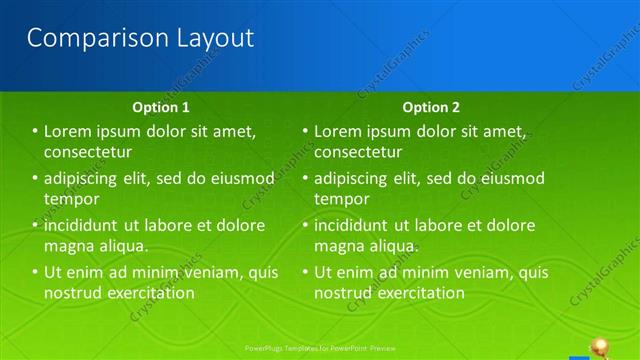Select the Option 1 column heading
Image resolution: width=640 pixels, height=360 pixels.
161,107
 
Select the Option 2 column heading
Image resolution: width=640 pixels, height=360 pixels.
431,107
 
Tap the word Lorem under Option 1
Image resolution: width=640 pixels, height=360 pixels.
69,131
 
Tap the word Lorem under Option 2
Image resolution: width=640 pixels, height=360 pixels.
339,131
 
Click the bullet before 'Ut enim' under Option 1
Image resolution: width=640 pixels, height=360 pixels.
35,272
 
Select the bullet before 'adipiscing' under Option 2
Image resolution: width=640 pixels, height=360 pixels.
305,178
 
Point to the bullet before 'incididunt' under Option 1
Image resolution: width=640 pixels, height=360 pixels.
35,225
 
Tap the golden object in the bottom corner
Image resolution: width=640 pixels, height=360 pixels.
602,347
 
